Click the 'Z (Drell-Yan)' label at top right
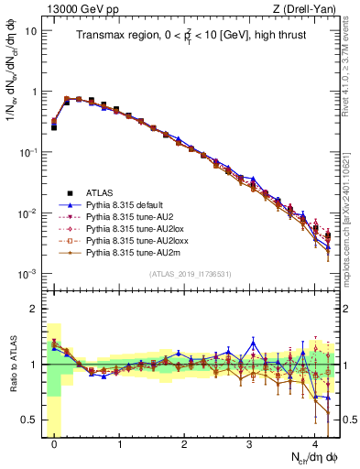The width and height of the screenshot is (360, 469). tap(307, 8)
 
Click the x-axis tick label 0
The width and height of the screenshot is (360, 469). tap(55, 442)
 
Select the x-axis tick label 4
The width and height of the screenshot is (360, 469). tap(315, 442)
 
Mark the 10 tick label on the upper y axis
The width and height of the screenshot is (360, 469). tap(30, 30)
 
